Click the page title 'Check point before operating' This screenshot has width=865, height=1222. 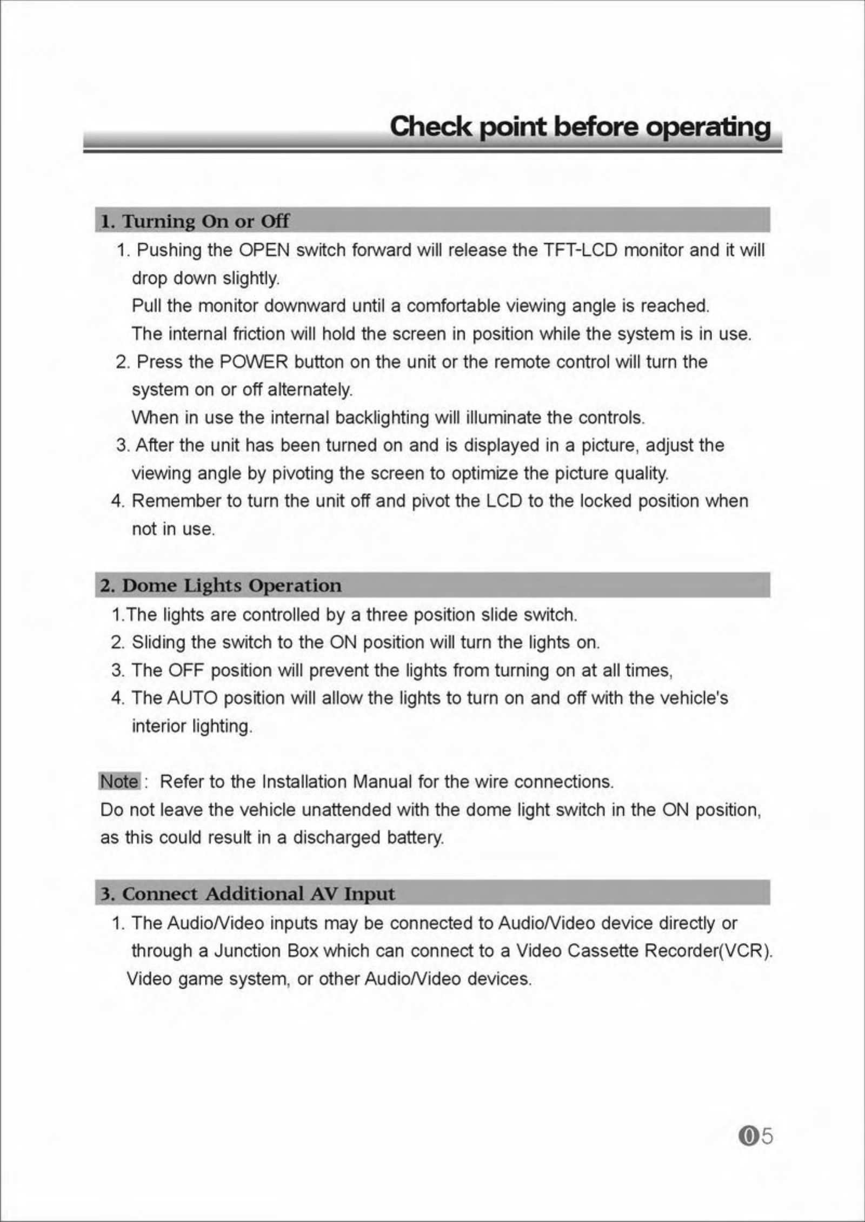point(580,127)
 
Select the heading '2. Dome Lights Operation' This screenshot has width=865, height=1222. point(221,585)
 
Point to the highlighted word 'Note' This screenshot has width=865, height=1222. point(119,781)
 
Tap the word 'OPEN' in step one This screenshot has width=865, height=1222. point(264,250)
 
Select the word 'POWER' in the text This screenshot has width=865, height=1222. point(254,361)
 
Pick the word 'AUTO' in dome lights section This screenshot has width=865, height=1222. point(192,698)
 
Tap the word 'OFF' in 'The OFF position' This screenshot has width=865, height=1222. point(186,670)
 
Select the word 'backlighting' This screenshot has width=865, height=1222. point(382,418)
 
